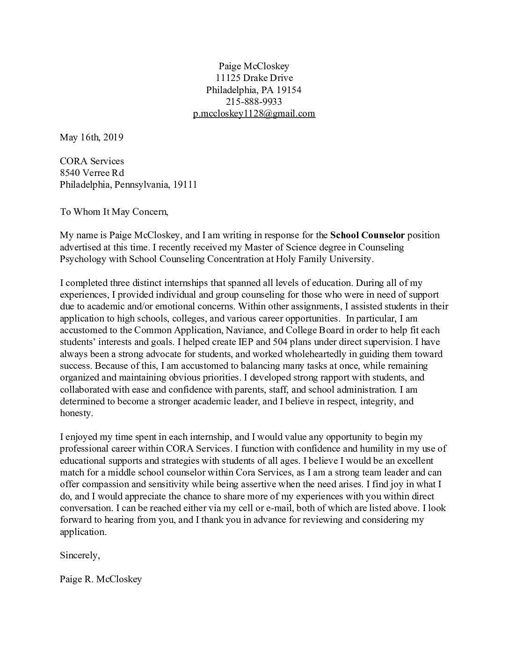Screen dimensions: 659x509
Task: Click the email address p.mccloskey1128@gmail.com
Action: click(254, 113)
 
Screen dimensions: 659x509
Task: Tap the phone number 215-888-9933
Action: click(254, 102)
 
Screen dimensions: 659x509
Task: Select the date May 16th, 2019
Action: click(91, 137)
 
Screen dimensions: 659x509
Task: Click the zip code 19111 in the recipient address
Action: click(185, 184)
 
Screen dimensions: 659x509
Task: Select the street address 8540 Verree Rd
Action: click(92, 173)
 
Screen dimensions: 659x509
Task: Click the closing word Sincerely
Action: click(80, 556)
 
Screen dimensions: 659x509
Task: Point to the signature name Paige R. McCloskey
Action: click(101, 579)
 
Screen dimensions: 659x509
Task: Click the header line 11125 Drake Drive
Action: click(254, 78)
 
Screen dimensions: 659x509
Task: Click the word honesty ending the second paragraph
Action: click(76, 413)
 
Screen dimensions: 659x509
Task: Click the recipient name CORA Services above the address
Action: click(92, 161)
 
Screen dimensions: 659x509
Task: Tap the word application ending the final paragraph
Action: click(83, 532)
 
